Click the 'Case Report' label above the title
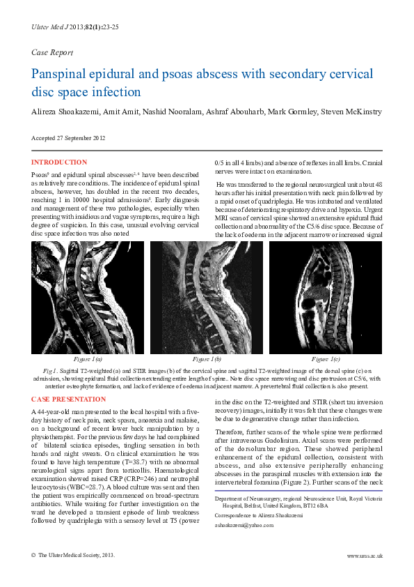(52, 52)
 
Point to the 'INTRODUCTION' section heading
(59, 162)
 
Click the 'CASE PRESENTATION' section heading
(69, 399)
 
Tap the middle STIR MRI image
(207, 298)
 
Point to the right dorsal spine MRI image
(326, 298)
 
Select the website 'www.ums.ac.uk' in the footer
(365, 556)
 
